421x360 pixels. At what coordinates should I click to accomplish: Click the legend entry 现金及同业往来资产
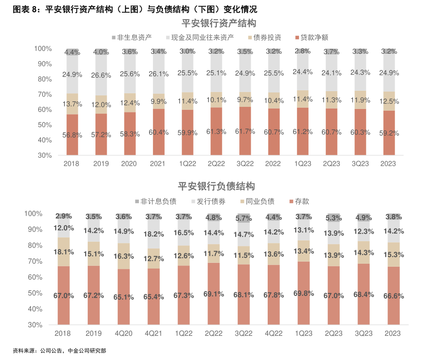[202, 38]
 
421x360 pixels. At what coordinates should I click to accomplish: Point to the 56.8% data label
[72, 135]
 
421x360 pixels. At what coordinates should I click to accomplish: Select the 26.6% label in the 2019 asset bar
[101, 75]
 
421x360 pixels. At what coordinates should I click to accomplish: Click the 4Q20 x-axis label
[123, 334]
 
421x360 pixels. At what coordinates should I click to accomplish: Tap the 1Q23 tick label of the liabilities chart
[304, 334]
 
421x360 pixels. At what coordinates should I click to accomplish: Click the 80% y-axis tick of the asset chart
[43, 79]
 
